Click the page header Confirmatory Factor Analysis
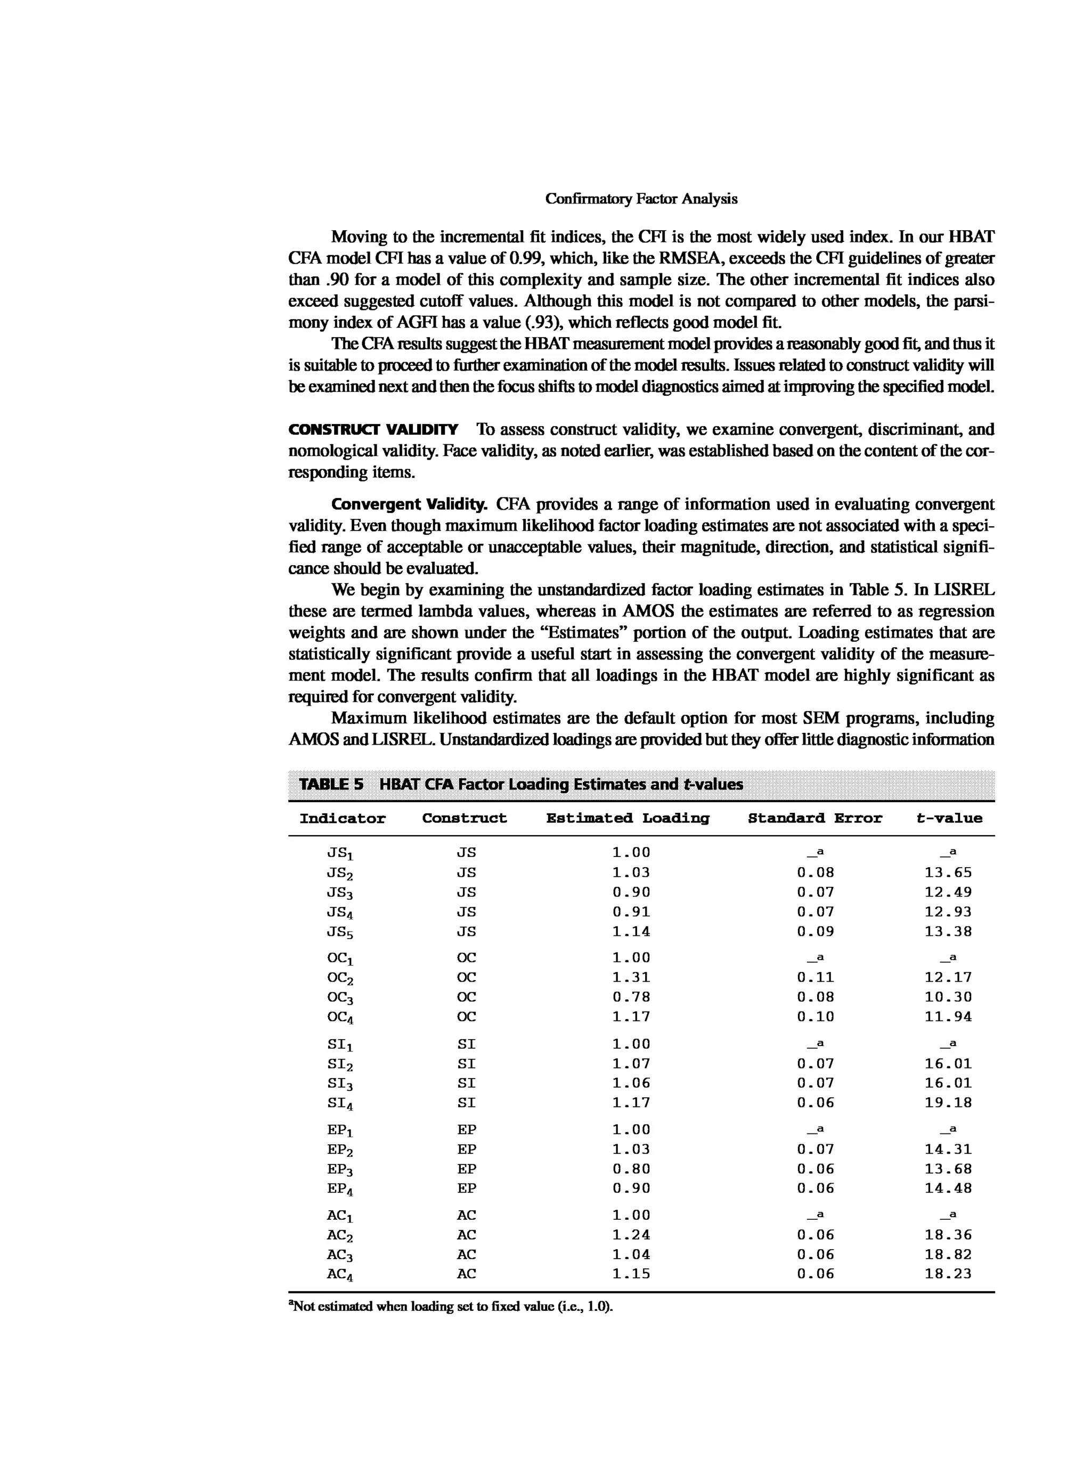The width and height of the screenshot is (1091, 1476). coord(641,199)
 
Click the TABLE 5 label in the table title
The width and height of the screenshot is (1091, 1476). coord(331,785)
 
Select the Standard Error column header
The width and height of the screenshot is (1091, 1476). coord(815,818)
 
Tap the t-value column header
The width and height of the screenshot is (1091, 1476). coord(949,818)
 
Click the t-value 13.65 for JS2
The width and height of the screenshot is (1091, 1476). coord(948,872)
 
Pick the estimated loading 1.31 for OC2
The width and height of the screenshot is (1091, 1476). coord(631,977)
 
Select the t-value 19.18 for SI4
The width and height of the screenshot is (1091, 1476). coord(948,1102)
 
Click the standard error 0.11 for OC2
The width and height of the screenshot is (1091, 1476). coord(815,977)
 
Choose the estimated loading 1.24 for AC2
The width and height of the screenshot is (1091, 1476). coord(631,1234)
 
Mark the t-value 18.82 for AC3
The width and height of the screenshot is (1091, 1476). coord(948,1254)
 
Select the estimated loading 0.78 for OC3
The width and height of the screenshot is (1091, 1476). coord(631,997)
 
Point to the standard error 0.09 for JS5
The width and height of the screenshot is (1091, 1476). coord(815,931)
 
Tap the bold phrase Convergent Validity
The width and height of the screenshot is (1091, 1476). coord(409,504)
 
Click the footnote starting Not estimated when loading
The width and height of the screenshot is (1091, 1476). coord(452,1306)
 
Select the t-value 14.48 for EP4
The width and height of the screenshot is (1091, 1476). coord(948,1188)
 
